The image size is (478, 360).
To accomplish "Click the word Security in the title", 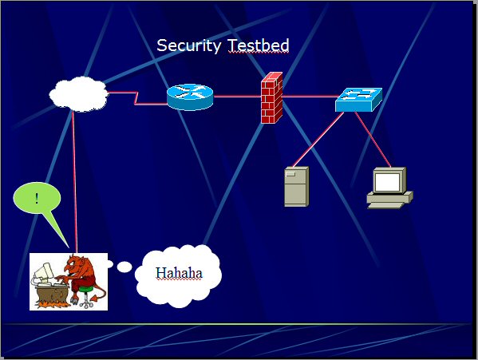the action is coord(188,45).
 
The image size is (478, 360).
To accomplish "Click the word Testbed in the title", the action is coord(259,45).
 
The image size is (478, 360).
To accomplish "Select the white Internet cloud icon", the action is coord(79,94).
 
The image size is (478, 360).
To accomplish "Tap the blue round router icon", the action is coord(190,97).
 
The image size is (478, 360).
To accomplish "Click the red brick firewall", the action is coord(271,98).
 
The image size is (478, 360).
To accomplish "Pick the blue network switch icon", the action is coord(358,100).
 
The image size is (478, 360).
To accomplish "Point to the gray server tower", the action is coord(296,187).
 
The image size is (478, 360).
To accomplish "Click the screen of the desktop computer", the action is coord(387,182).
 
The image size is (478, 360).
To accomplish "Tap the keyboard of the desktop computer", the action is coord(386,205).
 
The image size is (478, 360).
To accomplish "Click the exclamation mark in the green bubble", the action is coord(37,199).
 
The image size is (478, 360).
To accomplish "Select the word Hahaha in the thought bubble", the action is coord(179,273).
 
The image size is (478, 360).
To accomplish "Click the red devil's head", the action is coord(76,264).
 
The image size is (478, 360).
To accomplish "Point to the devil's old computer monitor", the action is coord(42,272).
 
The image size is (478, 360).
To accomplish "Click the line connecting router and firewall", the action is coord(237,97).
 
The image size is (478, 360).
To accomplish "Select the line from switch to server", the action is coord(318,140).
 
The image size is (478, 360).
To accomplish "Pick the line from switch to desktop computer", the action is coord(373,140).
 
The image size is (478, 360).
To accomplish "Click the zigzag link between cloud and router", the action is coord(136,98).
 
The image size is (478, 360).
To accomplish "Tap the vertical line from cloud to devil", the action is coord(74,182).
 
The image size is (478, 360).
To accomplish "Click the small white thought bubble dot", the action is coord(110,264).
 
